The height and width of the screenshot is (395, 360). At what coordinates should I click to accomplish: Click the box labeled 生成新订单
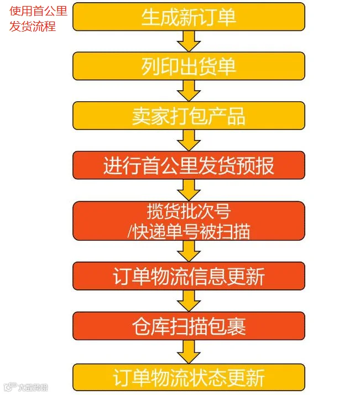(189, 17)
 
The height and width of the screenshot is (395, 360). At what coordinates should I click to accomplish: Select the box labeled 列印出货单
(189, 66)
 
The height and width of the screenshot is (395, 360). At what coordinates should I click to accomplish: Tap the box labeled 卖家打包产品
(189, 116)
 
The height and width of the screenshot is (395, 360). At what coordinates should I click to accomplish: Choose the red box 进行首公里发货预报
(189, 165)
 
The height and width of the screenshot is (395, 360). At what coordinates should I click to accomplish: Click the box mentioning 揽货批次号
(189, 221)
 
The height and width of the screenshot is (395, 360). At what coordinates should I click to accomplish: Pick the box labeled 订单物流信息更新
(189, 276)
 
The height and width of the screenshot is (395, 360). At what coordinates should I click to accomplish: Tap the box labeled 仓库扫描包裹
(189, 326)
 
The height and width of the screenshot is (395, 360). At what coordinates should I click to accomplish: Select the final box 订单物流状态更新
(189, 377)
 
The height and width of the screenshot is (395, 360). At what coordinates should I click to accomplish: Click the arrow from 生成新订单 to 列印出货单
(189, 41)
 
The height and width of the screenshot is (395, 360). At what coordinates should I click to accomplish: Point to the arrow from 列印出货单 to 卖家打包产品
(189, 91)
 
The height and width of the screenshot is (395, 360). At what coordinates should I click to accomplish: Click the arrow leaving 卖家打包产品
(189, 141)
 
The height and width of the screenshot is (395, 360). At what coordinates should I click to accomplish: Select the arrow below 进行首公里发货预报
(189, 190)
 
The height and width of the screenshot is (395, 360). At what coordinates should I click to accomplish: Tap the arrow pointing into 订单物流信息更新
(189, 251)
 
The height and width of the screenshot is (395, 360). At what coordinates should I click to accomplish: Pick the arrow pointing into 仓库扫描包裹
(189, 301)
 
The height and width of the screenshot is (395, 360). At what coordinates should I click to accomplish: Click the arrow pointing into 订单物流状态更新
(189, 352)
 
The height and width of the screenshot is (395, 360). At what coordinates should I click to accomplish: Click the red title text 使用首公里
(38, 11)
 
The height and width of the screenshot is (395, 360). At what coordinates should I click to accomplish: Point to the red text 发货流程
(33, 26)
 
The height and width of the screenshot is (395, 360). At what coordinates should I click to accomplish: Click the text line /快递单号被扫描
(189, 231)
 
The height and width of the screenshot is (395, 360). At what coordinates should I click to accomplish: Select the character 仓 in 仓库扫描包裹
(141, 326)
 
